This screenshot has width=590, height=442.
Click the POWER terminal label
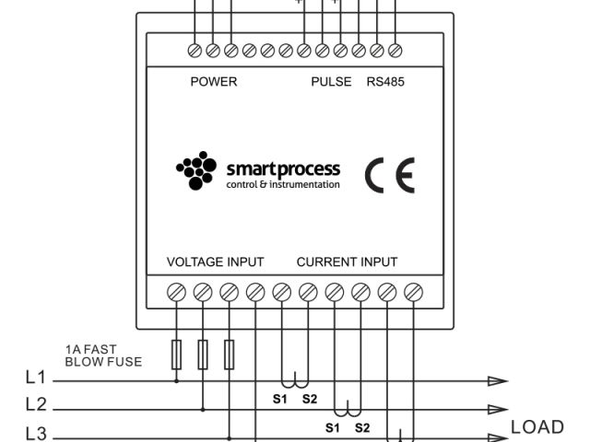(x=214, y=82)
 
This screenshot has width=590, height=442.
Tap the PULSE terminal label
(x=331, y=82)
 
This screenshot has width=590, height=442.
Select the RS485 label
(x=385, y=82)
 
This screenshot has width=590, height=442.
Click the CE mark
(x=390, y=174)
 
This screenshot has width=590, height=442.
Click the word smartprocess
(x=283, y=169)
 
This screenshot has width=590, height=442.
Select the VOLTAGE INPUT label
(x=215, y=262)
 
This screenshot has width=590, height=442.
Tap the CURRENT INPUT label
(x=347, y=262)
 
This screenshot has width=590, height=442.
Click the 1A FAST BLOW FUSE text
(x=103, y=356)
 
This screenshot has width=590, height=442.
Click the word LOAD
(x=537, y=427)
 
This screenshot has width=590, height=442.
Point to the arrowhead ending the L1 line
(x=497, y=378)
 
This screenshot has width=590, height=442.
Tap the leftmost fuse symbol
(x=177, y=355)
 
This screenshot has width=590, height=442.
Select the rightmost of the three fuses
(x=230, y=355)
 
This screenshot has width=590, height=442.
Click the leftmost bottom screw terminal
(x=177, y=294)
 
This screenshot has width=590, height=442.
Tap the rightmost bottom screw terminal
(x=413, y=294)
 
